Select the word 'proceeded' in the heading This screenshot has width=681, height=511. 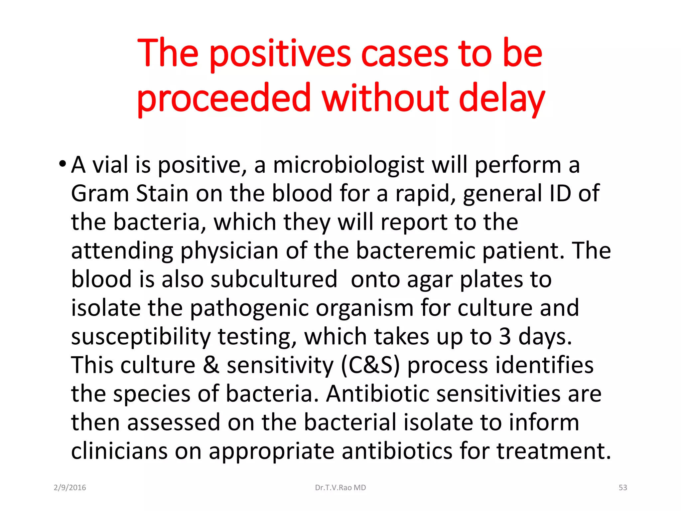223,99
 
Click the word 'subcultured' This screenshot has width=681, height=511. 274,279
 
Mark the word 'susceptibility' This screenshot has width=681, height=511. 141,337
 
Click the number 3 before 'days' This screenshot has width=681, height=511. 505,336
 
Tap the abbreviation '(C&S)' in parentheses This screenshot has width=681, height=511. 370,366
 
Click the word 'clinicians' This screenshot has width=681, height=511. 119,451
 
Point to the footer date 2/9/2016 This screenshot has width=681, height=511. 70,488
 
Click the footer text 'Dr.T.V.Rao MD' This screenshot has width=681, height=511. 340,488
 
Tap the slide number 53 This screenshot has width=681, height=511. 622,488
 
